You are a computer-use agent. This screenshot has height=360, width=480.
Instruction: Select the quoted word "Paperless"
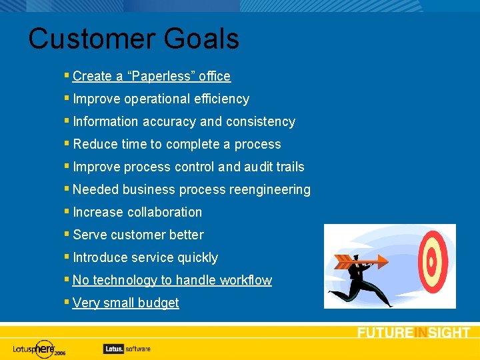coord(160,77)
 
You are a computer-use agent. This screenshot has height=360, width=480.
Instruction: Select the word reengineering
coord(269,190)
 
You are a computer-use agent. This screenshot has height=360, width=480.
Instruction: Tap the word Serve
coord(90,235)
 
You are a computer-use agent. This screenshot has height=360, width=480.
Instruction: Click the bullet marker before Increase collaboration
coord(67,212)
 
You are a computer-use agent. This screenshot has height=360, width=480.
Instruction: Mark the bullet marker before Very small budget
coord(67,303)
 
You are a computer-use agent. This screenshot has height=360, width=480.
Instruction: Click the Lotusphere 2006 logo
coord(39,349)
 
